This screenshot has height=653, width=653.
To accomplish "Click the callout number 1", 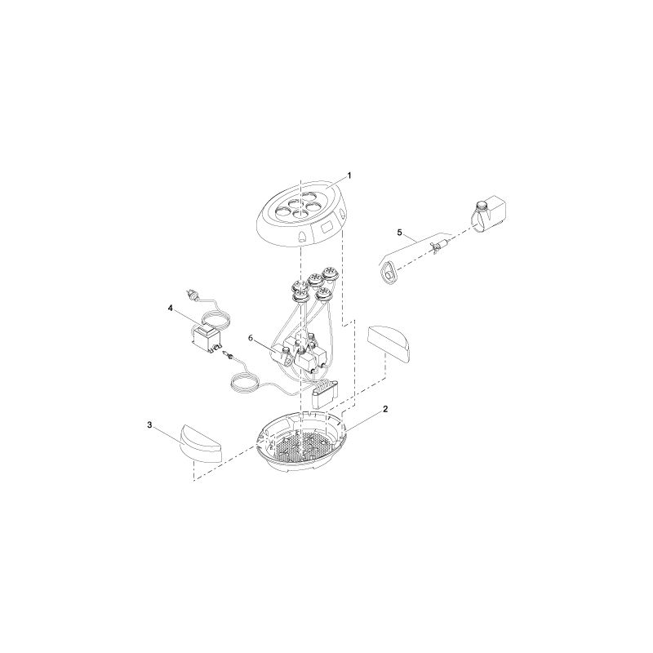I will (x=349, y=175).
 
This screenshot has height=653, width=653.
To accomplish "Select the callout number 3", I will (x=150, y=424).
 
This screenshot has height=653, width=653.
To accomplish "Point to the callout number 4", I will (x=170, y=309).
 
